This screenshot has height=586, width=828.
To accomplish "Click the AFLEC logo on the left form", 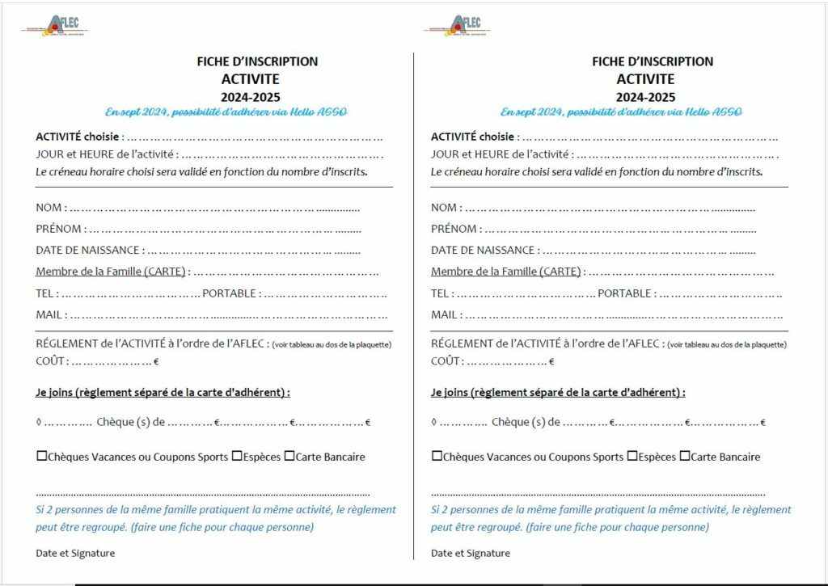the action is tap(55, 25).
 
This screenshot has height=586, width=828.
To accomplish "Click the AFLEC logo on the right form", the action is tap(458, 25).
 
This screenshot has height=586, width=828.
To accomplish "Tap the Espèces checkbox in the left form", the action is tap(237, 456).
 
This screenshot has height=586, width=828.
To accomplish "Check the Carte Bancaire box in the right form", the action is tap(684, 456).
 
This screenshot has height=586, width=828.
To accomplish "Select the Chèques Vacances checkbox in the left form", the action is tap(42, 456).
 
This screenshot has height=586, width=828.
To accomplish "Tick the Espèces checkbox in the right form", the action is tap(632, 456).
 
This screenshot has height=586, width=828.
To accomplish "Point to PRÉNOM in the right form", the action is tap(454, 229).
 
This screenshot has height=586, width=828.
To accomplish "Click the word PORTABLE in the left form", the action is tap(229, 293).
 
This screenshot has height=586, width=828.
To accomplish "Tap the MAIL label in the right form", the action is tap(445, 314).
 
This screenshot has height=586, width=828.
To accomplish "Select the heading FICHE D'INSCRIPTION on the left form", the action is tap(257, 61).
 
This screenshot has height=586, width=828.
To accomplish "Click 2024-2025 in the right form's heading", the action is tap(645, 97).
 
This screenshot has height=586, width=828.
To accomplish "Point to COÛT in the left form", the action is tap(50, 361).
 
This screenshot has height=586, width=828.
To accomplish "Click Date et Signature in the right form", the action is tap(470, 553).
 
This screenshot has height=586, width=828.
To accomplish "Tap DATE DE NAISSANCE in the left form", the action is tap(88, 251).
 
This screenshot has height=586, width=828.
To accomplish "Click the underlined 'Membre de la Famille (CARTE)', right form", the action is tap(505, 272).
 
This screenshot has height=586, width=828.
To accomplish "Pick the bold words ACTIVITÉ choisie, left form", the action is tap(78, 137).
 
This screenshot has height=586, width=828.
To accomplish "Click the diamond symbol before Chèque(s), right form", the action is tap(434, 422).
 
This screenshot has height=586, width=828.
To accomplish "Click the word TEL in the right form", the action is tap(440, 293).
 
